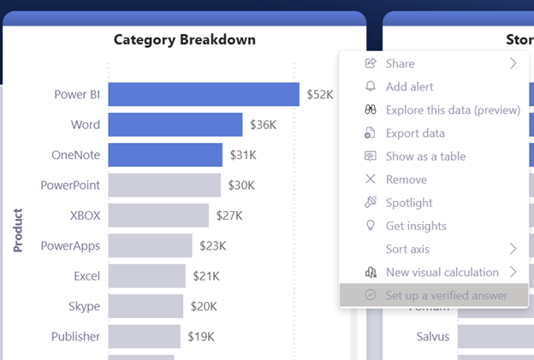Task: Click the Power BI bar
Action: pyautogui.click(x=204, y=94)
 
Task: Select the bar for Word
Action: pyautogui.click(x=175, y=125)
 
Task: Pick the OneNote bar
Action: pyautogui.click(x=165, y=155)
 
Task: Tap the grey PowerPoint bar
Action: pyautogui.click(x=164, y=185)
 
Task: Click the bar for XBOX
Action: pyautogui.click(x=158, y=215)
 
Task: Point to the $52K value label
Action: pyautogui.click(x=320, y=94)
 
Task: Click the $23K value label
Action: pyautogui.click(x=212, y=245)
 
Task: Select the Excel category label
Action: pyautogui.click(x=86, y=276)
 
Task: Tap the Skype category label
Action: pyautogui.click(x=84, y=306)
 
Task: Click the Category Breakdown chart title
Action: pyautogui.click(x=184, y=39)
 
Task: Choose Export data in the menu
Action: pyautogui.click(x=415, y=133)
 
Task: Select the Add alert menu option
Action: pyautogui.click(x=409, y=86)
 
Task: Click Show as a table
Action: pyautogui.click(x=425, y=156)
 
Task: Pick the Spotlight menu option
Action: pyautogui.click(x=409, y=203)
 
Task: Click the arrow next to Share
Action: pyautogui.click(x=513, y=63)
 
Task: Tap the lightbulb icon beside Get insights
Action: pyautogui.click(x=371, y=226)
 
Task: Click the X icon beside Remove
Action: pyautogui.click(x=371, y=180)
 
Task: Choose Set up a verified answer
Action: pyautogui.click(x=446, y=295)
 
